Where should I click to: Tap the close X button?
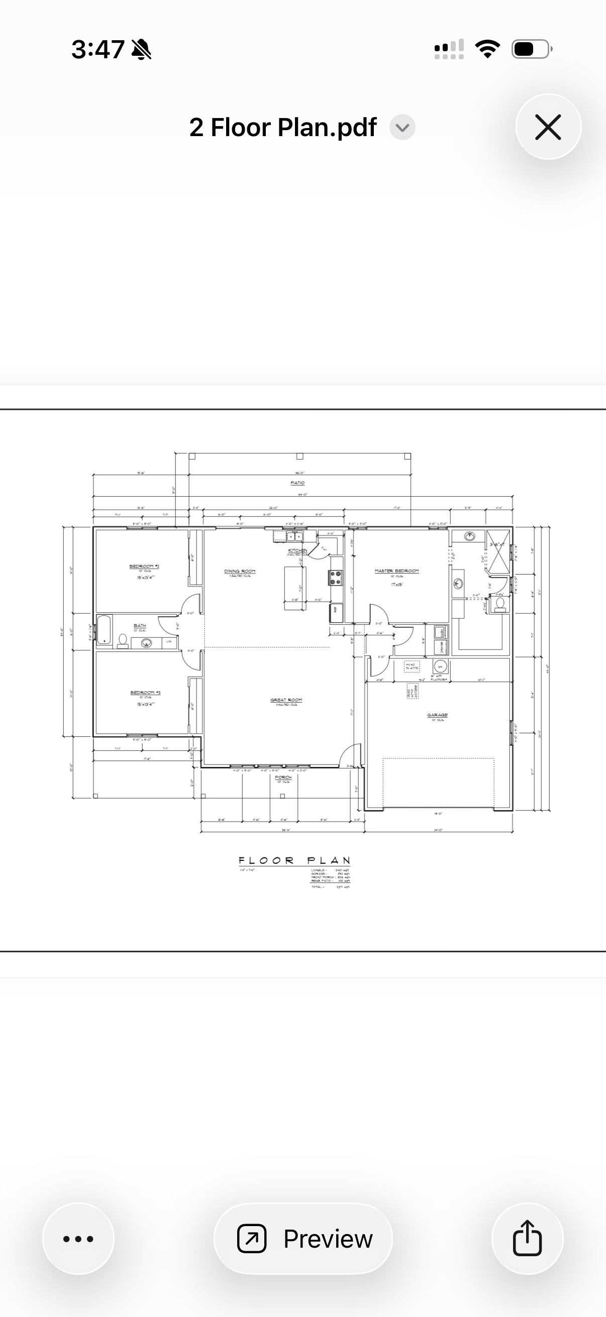point(548,127)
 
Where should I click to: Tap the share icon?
point(527,1238)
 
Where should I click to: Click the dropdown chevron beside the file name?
point(402,127)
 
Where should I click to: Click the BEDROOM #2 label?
point(144,567)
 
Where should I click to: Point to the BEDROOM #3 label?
point(145,693)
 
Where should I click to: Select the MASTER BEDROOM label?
point(396,571)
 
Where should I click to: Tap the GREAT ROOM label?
point(286,700)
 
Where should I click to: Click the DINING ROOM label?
point(239,571)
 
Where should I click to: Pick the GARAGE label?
point(437,715)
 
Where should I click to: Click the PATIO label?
point(297,483)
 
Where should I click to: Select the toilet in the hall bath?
point(123,640)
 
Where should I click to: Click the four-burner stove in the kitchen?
point(336,578)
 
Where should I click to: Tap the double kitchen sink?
point(294,536)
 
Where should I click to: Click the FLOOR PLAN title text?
point(294,861)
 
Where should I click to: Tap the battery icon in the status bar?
point(531,49)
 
